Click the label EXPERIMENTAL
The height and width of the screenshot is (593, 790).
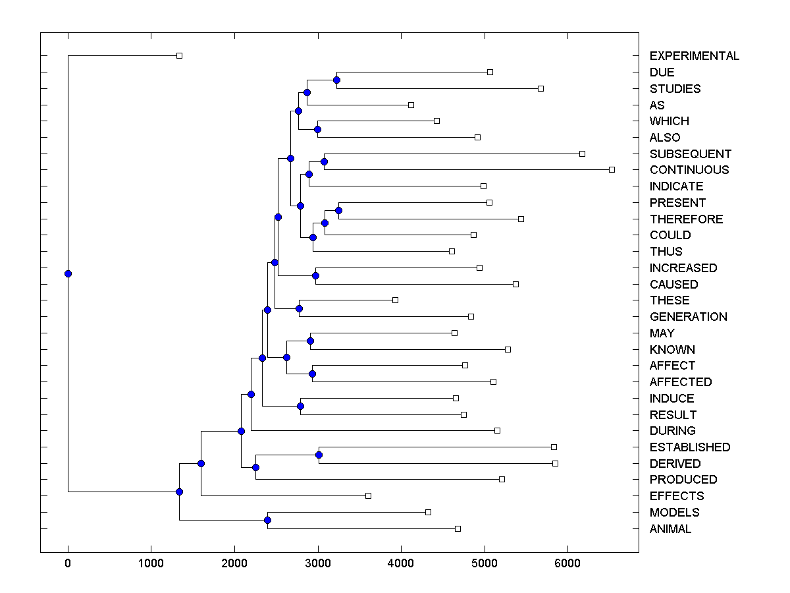click(x=694, y=56)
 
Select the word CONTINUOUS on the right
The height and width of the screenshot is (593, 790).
click(x=689, y=170)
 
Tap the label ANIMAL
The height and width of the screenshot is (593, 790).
click(x=670, y=529)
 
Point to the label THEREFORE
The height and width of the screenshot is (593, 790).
click(x=686, y=219)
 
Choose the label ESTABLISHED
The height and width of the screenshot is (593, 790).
click(x=689, y=447)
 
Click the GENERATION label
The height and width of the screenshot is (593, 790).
click(x=688, y=317)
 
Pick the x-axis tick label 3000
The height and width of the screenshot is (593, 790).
click(x=318, y=563)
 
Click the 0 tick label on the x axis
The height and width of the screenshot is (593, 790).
click(x=68, y=563)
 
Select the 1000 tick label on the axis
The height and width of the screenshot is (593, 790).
click(x=151, y=563)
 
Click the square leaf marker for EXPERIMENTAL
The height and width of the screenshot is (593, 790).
click(x=179, y=56)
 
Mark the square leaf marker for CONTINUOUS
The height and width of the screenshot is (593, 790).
click(x=612, y=170)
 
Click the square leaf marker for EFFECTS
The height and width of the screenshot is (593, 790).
click(x=368, y=495)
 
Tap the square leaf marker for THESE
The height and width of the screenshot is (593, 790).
click(x=395, y=300)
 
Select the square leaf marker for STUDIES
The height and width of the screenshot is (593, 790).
click(x=540, y=88)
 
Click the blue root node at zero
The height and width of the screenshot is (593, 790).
click(x=68, y=273)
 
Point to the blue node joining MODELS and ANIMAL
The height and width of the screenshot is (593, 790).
click(x=267, y=521)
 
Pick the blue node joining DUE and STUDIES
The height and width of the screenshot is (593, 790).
click(x=336, y=80)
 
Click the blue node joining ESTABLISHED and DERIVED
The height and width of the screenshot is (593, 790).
click(x=319, y=455)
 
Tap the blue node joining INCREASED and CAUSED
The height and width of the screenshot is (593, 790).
click(x=315, y=276)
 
